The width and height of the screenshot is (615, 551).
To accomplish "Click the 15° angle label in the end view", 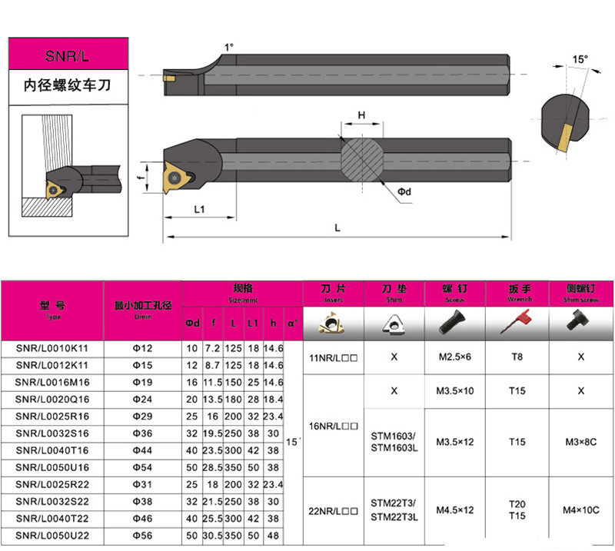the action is point(580,59).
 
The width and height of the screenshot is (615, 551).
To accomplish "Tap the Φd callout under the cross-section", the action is point(404,191).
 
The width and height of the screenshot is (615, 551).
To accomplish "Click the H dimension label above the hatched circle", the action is point(361,115).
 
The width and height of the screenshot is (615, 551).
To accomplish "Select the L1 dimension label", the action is point(199,209).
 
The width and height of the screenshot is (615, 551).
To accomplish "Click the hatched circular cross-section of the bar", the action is point(361,158).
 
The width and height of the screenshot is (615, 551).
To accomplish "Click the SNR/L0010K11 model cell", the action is point(52,347).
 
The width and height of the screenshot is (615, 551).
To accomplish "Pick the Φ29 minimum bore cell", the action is point(143,415).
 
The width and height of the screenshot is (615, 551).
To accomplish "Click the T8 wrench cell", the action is point(517,357).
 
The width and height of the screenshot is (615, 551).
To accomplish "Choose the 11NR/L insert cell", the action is point(334,357).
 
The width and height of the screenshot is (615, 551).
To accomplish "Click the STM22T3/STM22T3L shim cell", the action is point(394,511).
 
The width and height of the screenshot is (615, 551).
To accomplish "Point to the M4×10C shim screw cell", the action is point(581,511).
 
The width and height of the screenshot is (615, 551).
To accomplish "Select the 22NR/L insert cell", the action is point(334,511).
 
